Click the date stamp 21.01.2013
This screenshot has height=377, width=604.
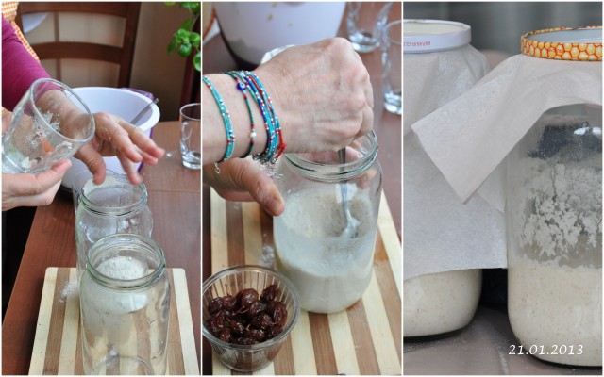pyautogui.click(x=545, y=350)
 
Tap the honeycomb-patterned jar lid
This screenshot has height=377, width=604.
pyautogui.click(x=562, y=43)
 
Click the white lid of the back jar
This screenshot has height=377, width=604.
pyautogui.click(x=436, y=36)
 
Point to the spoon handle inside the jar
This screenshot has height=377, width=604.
pyautogui.click(x=344, y=192)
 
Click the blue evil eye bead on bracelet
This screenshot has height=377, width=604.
pyautogui.click(x=242, y=86)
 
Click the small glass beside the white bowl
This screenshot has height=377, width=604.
pyautogui.click(x=190, y=136)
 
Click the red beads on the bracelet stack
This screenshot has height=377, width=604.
pyautogui.click(x=279, y=148)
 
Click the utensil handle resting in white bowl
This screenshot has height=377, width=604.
pyautogui.click(x=144, y=111)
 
